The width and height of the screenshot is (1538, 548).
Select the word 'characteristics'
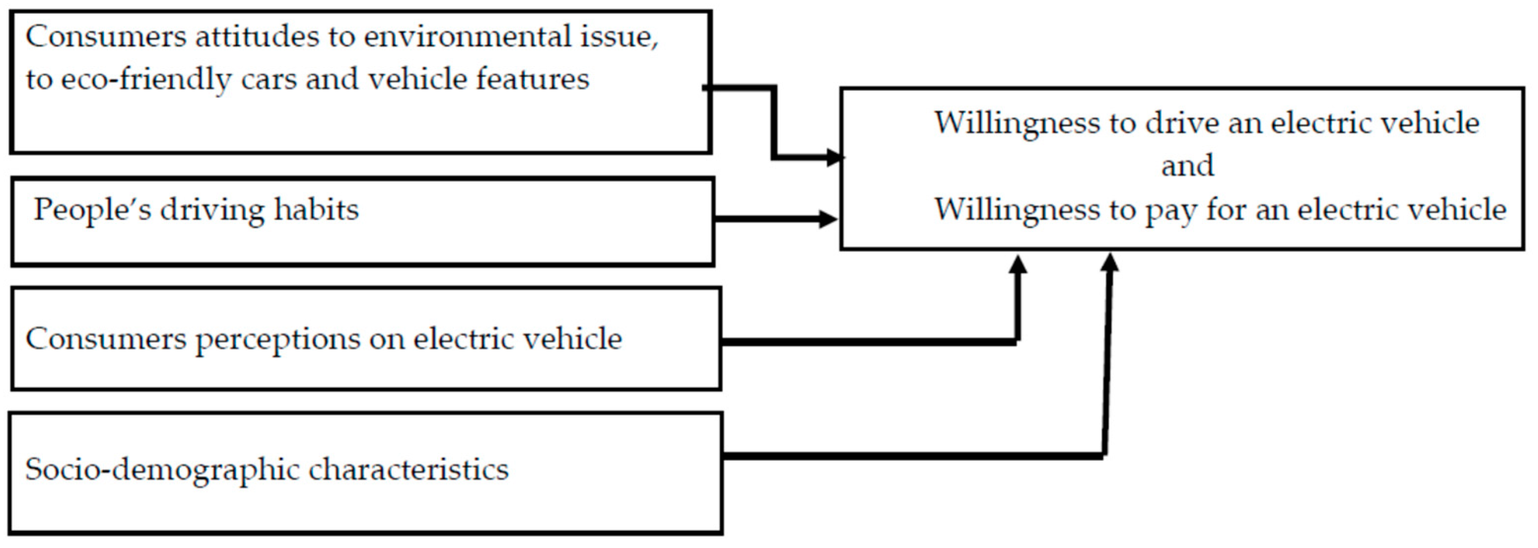408,470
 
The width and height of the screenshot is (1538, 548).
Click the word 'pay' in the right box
1170,210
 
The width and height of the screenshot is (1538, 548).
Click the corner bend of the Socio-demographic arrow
1104,455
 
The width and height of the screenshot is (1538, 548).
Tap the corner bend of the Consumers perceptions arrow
1017,342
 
